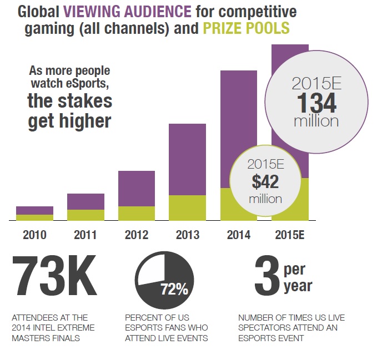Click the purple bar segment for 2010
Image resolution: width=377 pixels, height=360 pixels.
(34, 210)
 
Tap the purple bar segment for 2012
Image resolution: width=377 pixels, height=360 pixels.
(137, 188)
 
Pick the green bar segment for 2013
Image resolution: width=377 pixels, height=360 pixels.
(187, 208)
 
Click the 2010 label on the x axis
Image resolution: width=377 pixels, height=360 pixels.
(34, 235)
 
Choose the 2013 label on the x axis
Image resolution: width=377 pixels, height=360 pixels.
(187, 235)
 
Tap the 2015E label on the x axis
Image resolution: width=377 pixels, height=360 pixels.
(290, 235)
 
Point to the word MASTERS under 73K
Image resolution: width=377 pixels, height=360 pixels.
(31, 338)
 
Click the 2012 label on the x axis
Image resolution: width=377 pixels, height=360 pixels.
(137, 235)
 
